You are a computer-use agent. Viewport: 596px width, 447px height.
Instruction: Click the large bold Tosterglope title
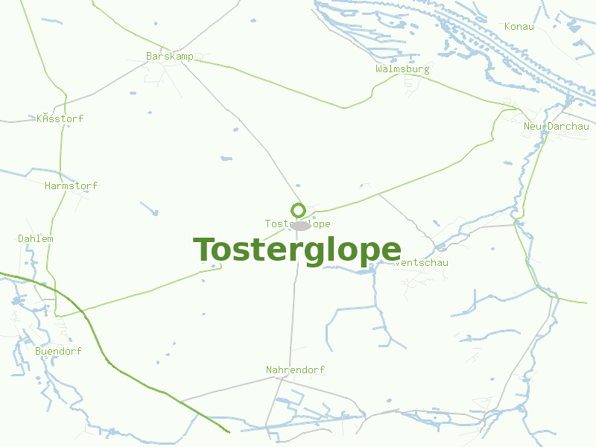pos(297,250)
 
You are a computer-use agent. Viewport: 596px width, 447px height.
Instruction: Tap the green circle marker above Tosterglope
pos(298,210)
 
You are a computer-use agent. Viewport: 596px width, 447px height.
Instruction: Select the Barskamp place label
pos(170,57)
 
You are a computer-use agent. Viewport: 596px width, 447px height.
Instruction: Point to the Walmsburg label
pos(402,69)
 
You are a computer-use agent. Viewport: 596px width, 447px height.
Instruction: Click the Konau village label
pos(519,27)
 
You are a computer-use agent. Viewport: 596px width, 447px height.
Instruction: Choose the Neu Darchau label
pos(557,127)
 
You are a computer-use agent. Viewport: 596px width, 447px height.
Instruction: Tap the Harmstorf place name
pos(71,186)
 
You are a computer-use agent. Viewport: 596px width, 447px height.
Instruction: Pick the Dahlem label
pos(36,239)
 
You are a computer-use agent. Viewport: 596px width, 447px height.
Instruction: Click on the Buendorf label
pos(58,351)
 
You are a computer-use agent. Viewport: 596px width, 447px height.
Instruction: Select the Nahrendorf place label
pos(296,370)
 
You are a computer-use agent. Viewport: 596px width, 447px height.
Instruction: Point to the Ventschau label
pos(423,263)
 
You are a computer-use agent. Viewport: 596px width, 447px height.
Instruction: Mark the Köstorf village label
pos(60,119)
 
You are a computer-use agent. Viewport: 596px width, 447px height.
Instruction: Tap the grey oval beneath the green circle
pos(300,226)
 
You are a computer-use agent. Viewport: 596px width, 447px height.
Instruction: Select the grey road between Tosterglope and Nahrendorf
pos(294,313)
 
